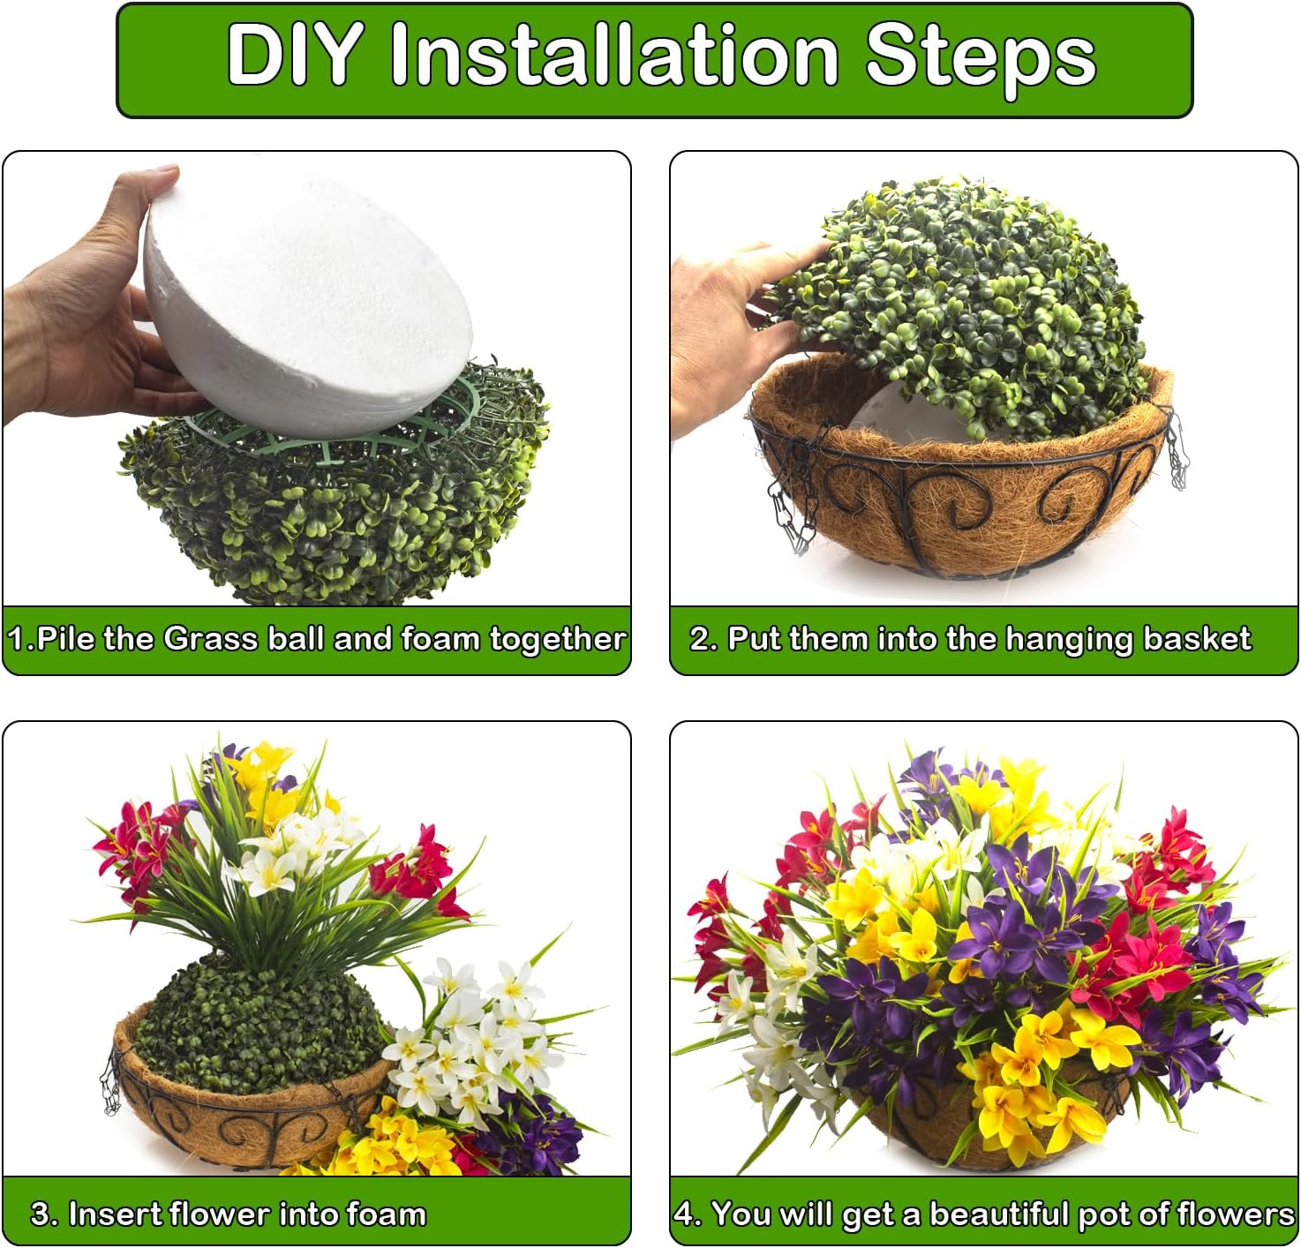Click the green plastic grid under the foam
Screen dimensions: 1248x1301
[353, 432]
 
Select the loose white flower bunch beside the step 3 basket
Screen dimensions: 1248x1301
[468, 1041]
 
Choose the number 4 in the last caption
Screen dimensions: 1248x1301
[685, 1214]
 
